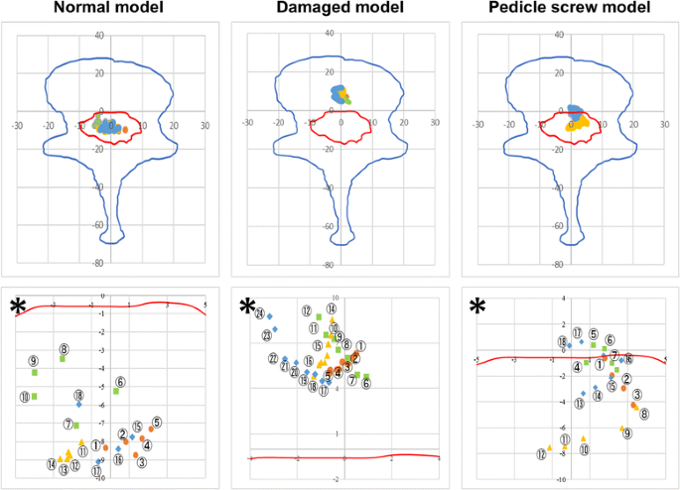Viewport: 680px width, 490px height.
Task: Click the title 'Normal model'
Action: coord(111,10)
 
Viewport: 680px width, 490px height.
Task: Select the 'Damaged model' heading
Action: coord(339,10)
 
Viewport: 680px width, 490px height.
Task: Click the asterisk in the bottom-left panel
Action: coord(17,306)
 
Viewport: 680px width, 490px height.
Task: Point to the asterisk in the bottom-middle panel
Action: coord(248,306)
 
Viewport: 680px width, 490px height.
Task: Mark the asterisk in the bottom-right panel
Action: coord(478,306)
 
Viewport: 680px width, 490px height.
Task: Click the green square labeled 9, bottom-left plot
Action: coord(35,373)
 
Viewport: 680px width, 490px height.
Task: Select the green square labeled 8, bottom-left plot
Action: coord(62,359)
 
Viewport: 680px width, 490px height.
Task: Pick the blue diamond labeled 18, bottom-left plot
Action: coord(78,405)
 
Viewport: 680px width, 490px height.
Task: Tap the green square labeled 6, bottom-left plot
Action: coord(115,391)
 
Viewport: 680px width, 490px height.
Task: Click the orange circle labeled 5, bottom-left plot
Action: coord(149,429)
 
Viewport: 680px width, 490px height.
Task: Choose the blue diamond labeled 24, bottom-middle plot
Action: coord(269,316)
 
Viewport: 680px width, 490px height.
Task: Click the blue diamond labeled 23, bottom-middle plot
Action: coord(276,329)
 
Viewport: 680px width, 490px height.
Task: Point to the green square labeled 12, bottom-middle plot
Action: coord(319,317)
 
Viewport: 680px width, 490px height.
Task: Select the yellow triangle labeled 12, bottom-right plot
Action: coord(549,448)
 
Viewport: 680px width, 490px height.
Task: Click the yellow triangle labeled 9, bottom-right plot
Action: coord(621,429)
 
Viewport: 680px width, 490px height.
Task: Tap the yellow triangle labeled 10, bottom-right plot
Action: coord(584,438)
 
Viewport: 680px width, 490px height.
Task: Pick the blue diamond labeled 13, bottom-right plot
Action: coord(581,393)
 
